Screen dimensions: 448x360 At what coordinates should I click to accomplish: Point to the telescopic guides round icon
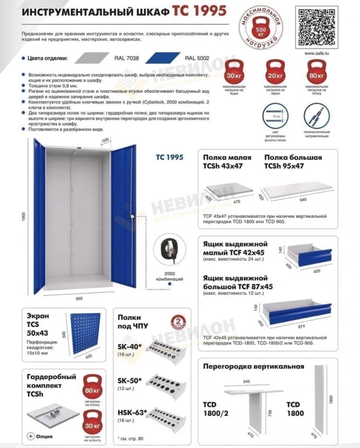(x=316, y=117)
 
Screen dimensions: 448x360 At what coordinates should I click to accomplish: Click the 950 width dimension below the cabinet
(x=79, y=299)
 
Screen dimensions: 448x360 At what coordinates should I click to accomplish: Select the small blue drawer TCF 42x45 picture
(x=308, y=255)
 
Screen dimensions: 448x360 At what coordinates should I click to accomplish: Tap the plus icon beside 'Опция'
(x=31, y=436)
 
